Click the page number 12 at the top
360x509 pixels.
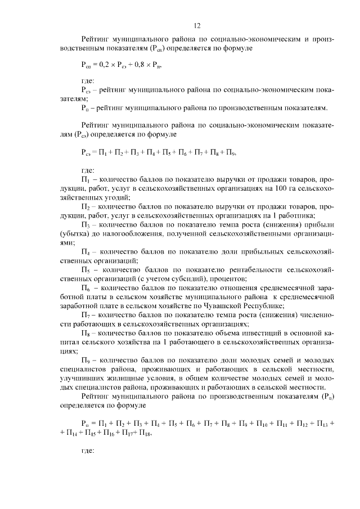pyautogui.click(x=197, y=25)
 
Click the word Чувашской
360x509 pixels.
pyautogui.click(x=231, y=305)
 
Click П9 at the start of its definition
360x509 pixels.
pyautogui.click(x=85, y=360)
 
